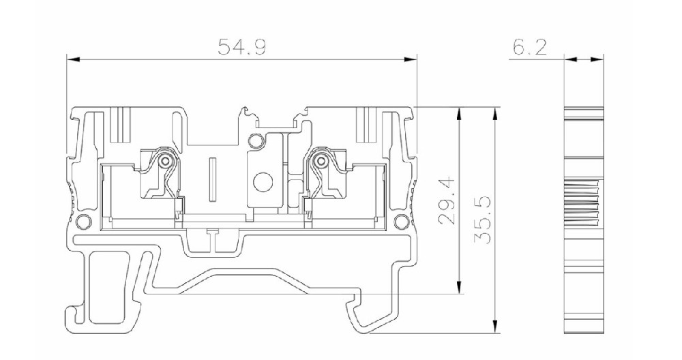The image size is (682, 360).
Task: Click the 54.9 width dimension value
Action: coord(241,47)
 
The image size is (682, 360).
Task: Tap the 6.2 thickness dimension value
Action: coord(530,47)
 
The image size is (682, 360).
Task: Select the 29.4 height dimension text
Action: coord(447,200)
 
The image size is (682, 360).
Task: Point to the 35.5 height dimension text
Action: coord(483,220)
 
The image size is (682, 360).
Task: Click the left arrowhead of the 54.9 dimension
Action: coord(74,59)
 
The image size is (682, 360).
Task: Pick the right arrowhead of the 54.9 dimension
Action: coord(410,59)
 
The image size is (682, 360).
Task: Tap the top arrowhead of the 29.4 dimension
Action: coord(458,115)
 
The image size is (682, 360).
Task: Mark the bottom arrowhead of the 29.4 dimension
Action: coord(458,287)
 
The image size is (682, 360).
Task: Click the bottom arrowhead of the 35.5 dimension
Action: coord(494,327)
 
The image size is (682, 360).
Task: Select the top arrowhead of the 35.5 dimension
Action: coord(494,115)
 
